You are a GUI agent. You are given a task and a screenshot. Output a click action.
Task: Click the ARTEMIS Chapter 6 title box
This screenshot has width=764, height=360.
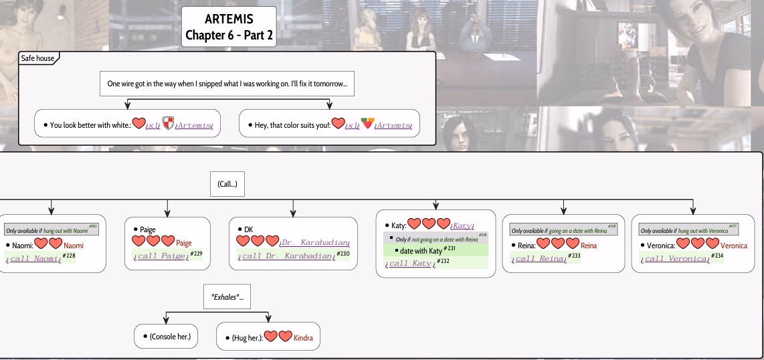[229, 27]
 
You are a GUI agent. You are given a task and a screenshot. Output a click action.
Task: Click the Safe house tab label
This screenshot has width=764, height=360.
[38, 58]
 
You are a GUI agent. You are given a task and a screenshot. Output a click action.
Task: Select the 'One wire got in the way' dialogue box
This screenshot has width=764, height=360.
[227, 84]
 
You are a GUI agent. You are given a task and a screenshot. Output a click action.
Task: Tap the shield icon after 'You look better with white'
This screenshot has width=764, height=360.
[168, 124]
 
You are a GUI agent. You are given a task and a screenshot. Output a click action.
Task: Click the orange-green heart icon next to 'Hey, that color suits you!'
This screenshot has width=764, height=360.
[367, 124]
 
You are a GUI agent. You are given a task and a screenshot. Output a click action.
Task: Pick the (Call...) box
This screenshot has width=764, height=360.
[227, 183]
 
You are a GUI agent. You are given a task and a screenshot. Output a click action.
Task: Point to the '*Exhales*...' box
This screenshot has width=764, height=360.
[227, 296]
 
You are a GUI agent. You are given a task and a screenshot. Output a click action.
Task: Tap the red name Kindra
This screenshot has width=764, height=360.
[303, 337]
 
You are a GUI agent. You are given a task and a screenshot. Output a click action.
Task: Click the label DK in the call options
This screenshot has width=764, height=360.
[248, 230]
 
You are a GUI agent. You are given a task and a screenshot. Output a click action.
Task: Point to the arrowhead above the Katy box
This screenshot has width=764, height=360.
[436, 205]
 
